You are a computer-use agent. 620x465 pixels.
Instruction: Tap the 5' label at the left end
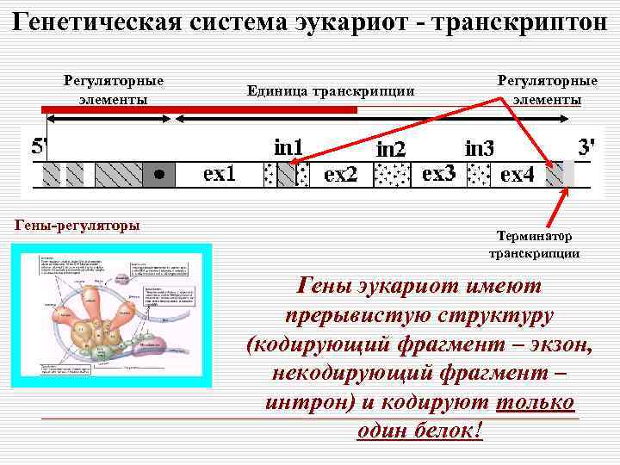pyautogui.click(x=39, y=146)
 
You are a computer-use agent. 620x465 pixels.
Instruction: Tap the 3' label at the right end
pyautogui.click(x=586, y=146)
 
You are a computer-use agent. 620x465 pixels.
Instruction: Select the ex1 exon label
pyautogui.click(x=220, y=175)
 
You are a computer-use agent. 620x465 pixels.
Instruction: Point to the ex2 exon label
pyautogui.click(x=339, y=175)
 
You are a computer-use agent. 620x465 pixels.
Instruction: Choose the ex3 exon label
pyautogui.click(x=438, y=174)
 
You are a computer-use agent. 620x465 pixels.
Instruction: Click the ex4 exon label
pyautogui.click(x=517, y=175)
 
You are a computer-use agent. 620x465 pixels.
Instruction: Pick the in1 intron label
pyautogui.click(x=288, y=147)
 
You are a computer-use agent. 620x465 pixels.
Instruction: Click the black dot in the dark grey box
pyautogui.click(x=158, y=174)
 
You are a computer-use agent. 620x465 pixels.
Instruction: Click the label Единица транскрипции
pyautogui.click(x=331, y=90)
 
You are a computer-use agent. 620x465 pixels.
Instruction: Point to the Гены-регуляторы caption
pyautogui.click(x=78, y=226)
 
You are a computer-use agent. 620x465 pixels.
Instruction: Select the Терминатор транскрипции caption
pyautogui.click(x=534, y=245)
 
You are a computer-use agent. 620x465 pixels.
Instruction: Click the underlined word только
pyautogui.click(x=536, y=403)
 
